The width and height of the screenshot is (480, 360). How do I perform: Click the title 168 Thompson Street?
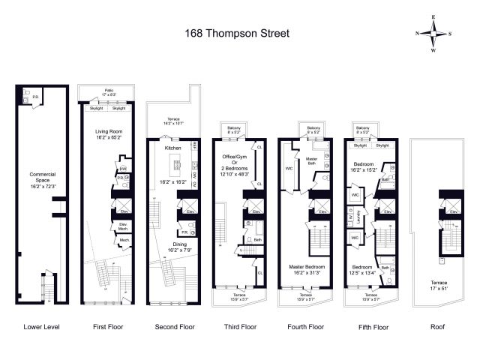(237, 33)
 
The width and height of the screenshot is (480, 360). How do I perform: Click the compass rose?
(433, 34)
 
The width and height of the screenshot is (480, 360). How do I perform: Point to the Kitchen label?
(173, 148)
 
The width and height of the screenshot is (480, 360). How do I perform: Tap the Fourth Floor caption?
(305, 326)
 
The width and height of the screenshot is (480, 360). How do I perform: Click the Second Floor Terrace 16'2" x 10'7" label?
(172, 123)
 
